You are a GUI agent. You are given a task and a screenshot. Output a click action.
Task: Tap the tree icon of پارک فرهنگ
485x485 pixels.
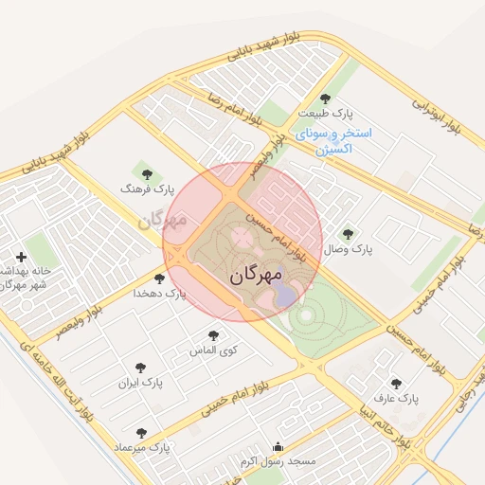[146, 174]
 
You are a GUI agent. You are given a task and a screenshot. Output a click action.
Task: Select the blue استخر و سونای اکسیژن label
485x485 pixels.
[333, 141]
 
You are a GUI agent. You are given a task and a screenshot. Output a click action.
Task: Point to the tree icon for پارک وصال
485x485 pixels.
[347, 233]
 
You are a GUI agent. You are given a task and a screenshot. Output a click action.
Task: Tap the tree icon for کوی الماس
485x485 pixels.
[213, 335]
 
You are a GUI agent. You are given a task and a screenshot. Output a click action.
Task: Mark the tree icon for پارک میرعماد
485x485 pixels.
[141, 432]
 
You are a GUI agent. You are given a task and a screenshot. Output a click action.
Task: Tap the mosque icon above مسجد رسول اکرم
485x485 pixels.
[277, 447]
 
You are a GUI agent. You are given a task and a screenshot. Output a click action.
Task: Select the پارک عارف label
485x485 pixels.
[389, 398]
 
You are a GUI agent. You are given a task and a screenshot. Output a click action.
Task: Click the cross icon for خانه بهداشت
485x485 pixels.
[21, 257]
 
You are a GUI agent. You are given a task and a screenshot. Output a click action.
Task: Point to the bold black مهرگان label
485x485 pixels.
[256, 277]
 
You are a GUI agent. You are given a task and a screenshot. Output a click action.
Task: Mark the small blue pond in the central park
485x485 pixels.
[285, 296]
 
